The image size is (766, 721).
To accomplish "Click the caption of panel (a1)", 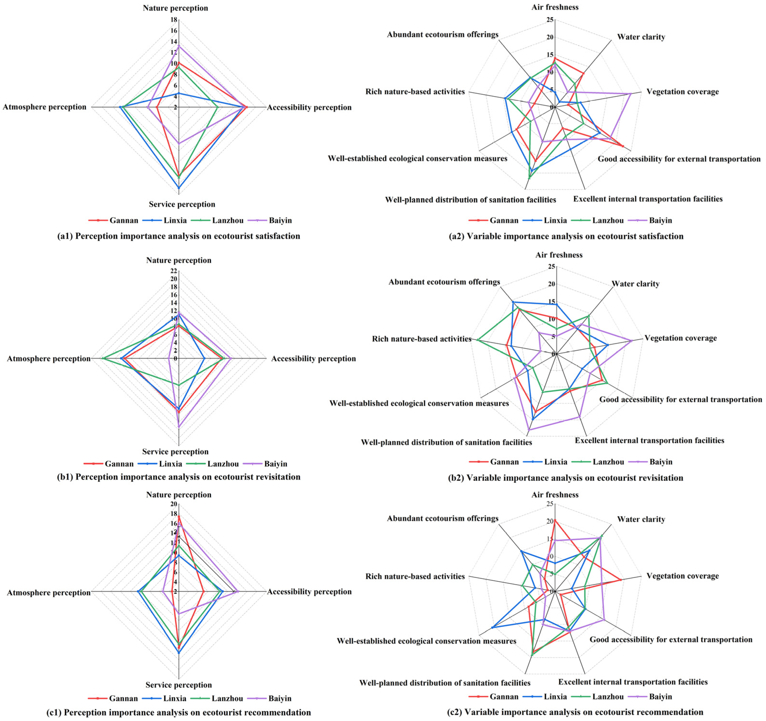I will pyautogui.click(x=178, y=236).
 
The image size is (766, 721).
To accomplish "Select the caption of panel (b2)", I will pyautogui.click(x=566, y=478).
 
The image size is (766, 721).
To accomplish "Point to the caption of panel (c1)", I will pyautogui.click(x=178, y=713).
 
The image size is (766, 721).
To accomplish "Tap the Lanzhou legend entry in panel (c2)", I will pyautogui.click(x=608, y=696).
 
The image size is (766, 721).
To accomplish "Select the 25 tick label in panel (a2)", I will pyautogui.click(x=550, y=20).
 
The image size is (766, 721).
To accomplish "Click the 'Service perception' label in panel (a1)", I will pyautogui.click(x=182, y=204).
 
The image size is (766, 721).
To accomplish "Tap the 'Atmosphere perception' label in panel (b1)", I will pyautogui.click(x=49, y=359).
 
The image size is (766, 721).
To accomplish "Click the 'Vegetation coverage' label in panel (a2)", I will pyautogui.click(x=682, y=92).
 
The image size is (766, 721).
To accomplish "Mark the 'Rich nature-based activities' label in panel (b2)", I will pyautogui.click(x=421, y=339).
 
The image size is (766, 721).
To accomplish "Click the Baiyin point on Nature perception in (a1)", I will pyautogui.click(x=178, y=46).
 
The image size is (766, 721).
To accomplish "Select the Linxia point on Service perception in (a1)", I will pyautogui.click(x=178, y=188).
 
